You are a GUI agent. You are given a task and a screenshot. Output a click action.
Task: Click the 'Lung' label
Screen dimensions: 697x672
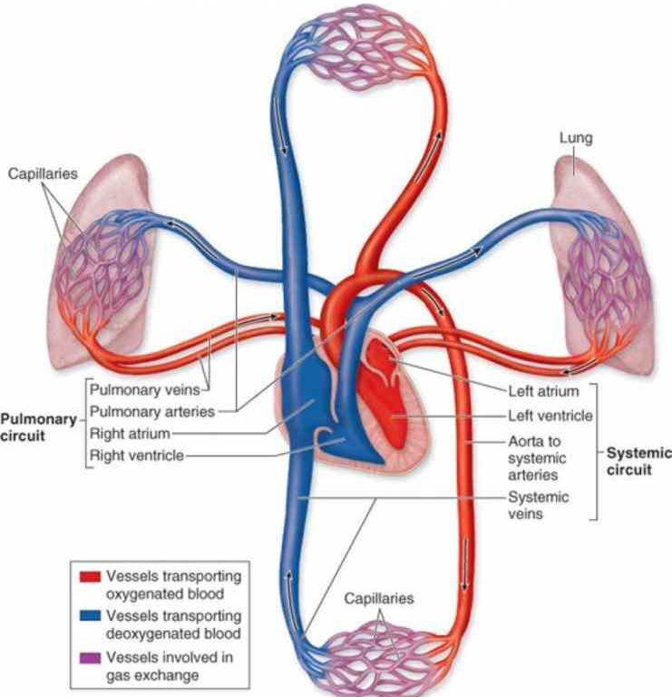(x=576, y=139)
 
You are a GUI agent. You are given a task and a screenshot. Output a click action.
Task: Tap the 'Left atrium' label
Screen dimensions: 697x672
(x=541, y=392)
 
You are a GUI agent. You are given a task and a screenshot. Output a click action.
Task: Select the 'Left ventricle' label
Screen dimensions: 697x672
(x=549, y=416)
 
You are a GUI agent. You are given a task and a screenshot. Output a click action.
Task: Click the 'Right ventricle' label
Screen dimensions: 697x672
(x=138, y=455)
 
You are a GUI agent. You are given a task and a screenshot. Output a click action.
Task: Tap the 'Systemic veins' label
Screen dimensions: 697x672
(x=538, y=506)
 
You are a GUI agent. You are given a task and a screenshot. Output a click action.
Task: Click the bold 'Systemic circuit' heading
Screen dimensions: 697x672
(x=638, y=460)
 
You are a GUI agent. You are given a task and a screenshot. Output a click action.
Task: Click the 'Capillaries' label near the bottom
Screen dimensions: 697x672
(x=379, y=599)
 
